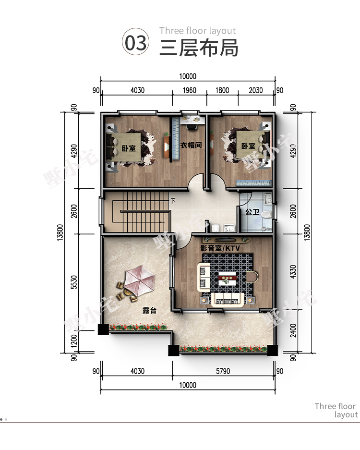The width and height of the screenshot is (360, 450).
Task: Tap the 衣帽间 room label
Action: (x=191, y=145)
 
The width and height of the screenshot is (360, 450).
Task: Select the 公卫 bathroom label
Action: (x=252, y=212)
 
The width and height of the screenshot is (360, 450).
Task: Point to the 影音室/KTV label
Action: (x=220, y=248)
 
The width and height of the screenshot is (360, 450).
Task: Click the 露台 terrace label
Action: (x=149, y=310)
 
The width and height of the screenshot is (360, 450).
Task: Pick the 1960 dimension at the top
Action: (x=189, y=90)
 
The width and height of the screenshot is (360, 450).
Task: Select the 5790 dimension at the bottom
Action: (x=223, y=371)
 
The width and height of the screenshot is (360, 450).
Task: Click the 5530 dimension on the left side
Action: (x=74, y=282)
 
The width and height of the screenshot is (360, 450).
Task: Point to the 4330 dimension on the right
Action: (x=293, y=271)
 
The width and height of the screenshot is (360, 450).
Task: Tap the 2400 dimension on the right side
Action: (x=293, y=330)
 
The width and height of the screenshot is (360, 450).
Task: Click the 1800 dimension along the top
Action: (x=222, y=90)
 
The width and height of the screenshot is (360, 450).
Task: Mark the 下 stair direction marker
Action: (x=173, y=201)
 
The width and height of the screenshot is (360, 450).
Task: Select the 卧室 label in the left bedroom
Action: (x=129, y=148)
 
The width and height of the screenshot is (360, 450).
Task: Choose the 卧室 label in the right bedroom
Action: (x=248, y=146)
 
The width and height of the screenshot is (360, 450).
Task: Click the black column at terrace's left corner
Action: (x=103, y=329)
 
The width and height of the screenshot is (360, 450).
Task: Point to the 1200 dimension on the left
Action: (x=74, y=341)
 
